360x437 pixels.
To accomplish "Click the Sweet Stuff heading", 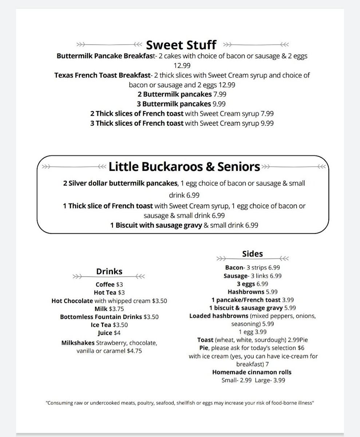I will (181, 45).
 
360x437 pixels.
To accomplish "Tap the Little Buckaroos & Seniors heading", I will (184, 167).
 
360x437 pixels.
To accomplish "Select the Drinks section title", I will (109, 271).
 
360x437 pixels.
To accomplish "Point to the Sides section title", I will (252, 254).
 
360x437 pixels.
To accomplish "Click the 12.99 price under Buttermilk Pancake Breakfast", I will (182, 66).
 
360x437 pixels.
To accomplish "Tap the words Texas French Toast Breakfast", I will (102, 75).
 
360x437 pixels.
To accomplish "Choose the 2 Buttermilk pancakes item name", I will (174, 94).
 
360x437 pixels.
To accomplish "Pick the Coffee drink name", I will (105, 284).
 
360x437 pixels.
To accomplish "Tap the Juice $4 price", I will (117, 333).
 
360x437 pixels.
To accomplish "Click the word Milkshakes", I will (78, 343).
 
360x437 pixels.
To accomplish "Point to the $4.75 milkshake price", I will (134, 351).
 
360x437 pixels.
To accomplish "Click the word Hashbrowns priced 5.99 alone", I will (246, 292).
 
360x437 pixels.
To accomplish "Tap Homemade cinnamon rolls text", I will (252, 372).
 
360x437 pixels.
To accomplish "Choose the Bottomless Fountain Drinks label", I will (101, 317).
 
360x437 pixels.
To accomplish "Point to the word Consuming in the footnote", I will (61, 403).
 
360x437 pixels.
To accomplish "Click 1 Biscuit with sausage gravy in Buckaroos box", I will (156, 225).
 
